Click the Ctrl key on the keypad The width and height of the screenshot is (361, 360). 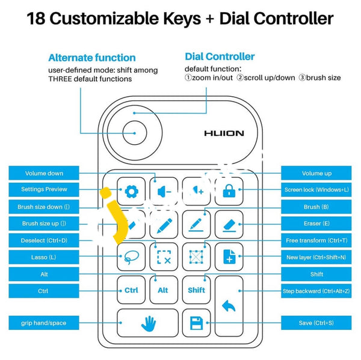pos(131,290)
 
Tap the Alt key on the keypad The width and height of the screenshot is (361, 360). pos(164,290)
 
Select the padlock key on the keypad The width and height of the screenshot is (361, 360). pos(229,192)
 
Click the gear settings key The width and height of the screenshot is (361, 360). pos(131,192)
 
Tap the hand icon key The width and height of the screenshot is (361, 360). pos(147,324)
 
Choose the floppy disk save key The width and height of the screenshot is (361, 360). pos(196,324)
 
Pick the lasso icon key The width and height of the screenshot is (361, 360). pos(131,257)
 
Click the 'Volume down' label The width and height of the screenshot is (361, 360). pos(44,173)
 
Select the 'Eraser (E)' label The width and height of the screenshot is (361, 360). pos(316,224)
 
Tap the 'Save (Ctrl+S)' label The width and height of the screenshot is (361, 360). pos(316,323)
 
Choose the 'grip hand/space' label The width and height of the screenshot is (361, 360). pos(44,323)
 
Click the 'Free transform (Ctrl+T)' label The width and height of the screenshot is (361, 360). pos(316,240)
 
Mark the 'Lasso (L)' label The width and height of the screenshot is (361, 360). pos(44,257)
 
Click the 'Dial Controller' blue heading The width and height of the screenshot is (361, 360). pos(220,56)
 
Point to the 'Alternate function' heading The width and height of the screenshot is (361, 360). pos(92,58)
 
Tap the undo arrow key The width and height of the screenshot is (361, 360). pos(229,306)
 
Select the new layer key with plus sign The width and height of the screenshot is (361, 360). pos(229,257)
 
